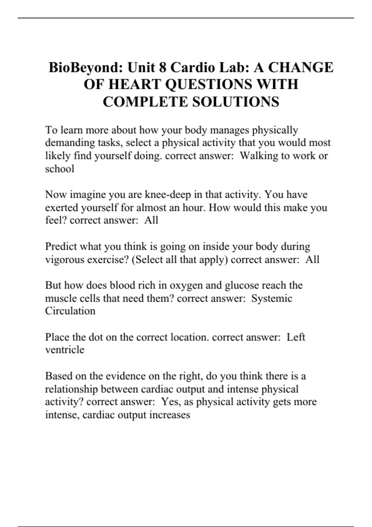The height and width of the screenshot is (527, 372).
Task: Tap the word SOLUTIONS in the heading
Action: click(x=236, y=102)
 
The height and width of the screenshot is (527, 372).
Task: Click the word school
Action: click(x=60, y=169)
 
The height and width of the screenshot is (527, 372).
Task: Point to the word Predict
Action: click(x=61, y=246)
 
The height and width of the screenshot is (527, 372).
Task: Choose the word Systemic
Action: click(x=272, y=298)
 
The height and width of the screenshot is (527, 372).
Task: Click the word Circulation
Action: click(x=70, y=311)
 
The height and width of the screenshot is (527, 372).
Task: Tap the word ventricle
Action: click(x=64, y=350)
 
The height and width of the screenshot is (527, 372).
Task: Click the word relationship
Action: click(x=71, y=389)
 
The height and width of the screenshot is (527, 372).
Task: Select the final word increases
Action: click(x=170, y=415)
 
